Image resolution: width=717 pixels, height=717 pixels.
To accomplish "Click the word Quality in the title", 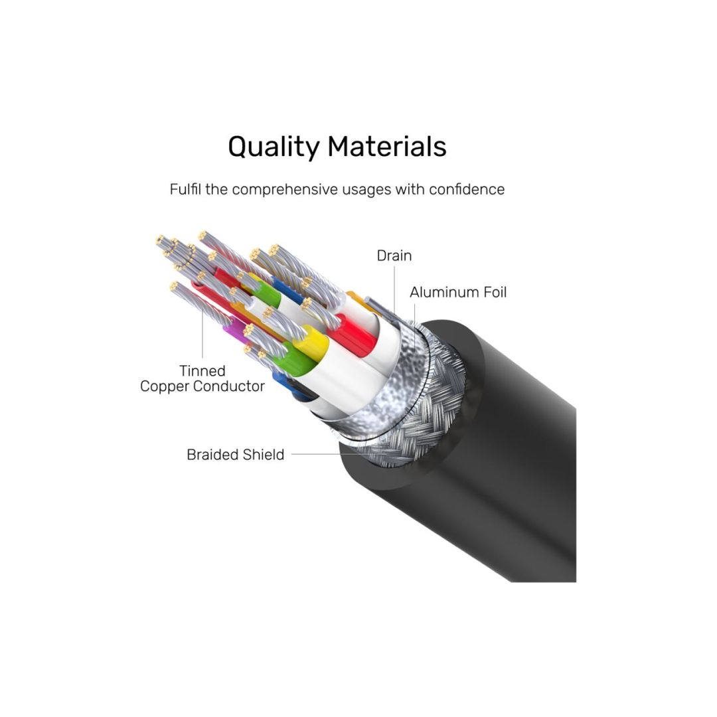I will tap(273, 147).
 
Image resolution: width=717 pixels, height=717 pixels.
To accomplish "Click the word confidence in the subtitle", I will tap(466, 189).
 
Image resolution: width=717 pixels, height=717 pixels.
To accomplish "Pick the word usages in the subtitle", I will tap(367, 189).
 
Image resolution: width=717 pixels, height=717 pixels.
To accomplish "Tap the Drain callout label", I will tap(394, 256).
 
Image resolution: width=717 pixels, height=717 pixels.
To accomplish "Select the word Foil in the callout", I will tap(494, 292).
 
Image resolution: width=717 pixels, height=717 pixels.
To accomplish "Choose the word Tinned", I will tap(202, 371).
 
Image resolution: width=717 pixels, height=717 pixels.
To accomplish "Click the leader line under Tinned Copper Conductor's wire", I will tap(203, 332).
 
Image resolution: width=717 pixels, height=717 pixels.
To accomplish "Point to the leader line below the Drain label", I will tap(394, 289).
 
